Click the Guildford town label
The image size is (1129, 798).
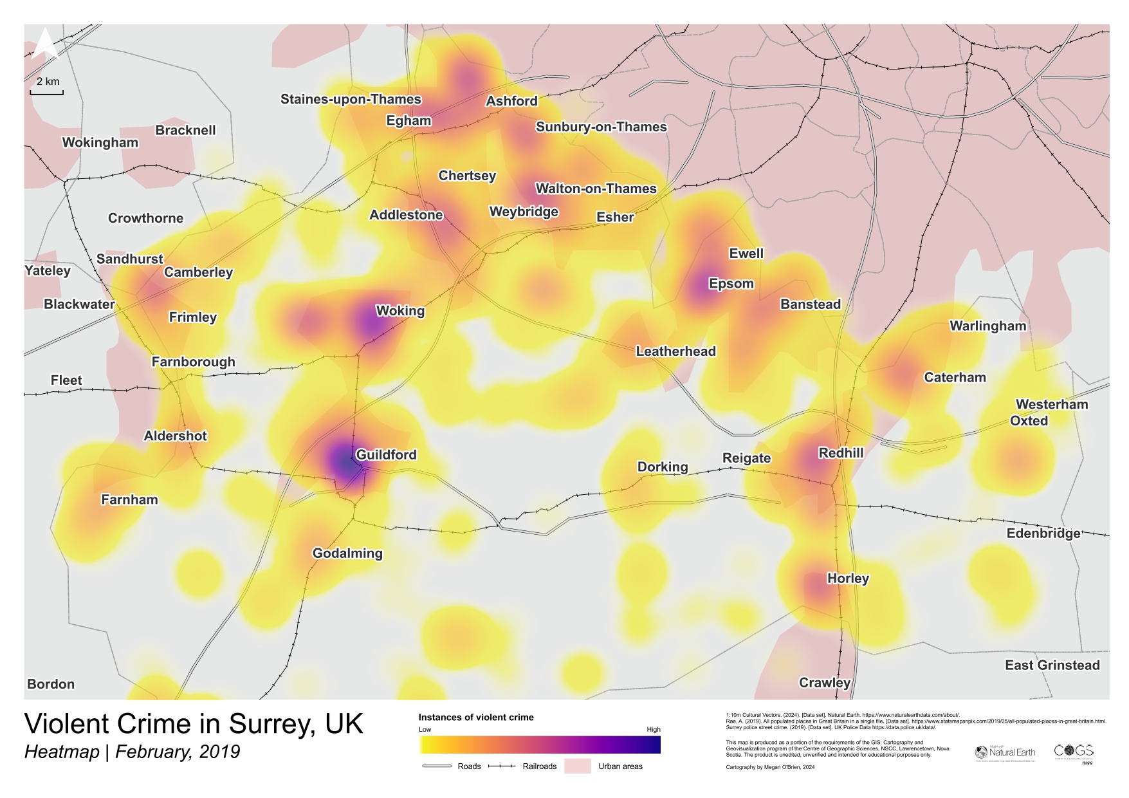point(386,454)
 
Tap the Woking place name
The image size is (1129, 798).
point(400,311)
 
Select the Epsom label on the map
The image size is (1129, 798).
point(731,284)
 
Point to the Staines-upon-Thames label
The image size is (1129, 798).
point(351,99)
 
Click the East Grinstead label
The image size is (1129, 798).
point(1052,665)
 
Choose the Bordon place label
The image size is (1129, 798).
point(51,684)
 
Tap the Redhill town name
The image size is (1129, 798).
point(841,453)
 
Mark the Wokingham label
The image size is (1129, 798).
point(100,142)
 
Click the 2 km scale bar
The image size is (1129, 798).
point(47,93)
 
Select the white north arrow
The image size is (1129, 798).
point(45,44)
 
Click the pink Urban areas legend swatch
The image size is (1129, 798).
point(577,766)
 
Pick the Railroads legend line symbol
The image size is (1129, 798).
point(502,766)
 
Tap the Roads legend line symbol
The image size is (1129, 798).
point(437,766)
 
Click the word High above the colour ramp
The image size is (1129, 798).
point(653,729)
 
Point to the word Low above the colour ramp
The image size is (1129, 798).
point(425,729)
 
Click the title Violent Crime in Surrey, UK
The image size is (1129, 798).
point(194,724)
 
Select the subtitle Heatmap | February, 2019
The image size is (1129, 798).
point(132,752)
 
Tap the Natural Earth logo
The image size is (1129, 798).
point(1005,752)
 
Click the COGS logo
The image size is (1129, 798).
point(1074,752)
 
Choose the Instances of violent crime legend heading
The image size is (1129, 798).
point(476,717)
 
